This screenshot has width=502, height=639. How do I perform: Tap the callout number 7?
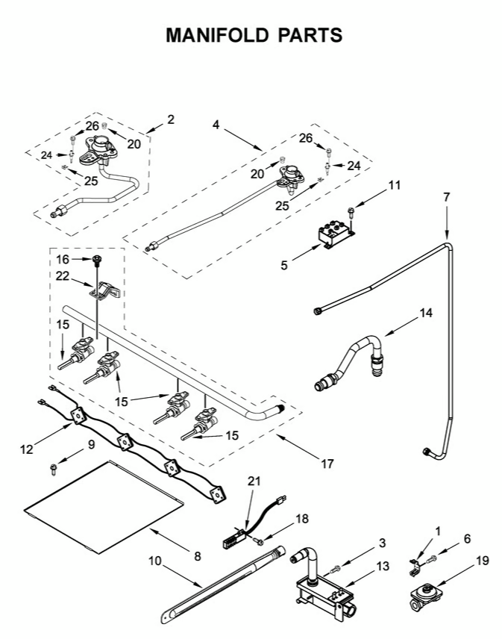coord(446,198)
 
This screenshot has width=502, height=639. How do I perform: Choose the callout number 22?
coord(63,277)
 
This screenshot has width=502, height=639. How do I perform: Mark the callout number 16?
coord(63,259)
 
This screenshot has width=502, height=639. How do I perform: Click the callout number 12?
coord(28,449)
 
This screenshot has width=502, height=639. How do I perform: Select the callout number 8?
coord(197,555)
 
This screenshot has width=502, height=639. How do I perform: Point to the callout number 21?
coord(254,481)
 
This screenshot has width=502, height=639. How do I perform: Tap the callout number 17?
coord(326,464)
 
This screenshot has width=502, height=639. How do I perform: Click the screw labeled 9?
coord(54,469)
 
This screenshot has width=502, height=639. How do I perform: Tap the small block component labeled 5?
coord(332,234)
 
